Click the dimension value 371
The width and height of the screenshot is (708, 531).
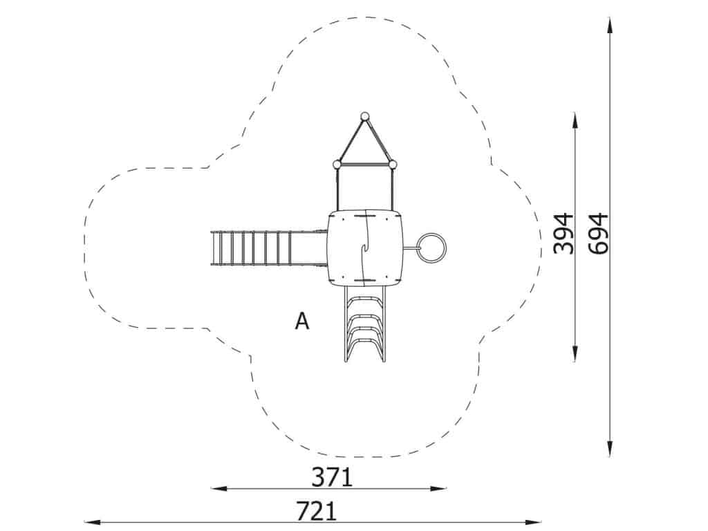click(331, 477)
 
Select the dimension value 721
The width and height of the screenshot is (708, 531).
click(317, 511)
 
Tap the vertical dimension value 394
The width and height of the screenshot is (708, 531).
click(564, 234)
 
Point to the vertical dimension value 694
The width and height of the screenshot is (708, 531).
click(599, 234)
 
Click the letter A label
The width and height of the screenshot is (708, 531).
click(302, 321)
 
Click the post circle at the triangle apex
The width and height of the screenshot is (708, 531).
click(364, 116)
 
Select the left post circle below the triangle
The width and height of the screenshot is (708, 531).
click(337, 165)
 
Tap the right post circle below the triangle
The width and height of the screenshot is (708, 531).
click(393, 165)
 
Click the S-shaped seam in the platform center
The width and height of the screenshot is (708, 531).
click(365, 248)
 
